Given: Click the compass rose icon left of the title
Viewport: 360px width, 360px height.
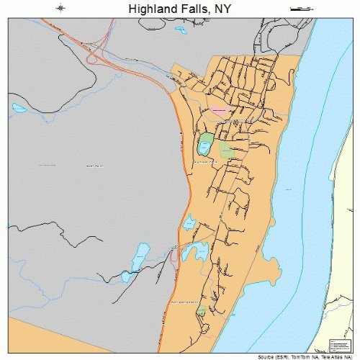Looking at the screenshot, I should click(x=63, y=9).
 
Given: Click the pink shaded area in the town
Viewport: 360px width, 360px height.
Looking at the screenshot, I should click(x=220, y=111).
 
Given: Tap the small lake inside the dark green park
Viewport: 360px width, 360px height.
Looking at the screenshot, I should click(x=204, y=148).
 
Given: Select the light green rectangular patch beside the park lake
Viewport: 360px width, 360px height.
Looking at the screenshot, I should click(x=227, y=150).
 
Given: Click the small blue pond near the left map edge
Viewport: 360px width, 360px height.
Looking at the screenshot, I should click(x=19, y=109).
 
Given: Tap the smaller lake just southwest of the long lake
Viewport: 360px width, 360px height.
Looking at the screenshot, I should click(x=127, y=276).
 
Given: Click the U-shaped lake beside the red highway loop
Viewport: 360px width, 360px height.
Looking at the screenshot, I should click(x=194, y=251).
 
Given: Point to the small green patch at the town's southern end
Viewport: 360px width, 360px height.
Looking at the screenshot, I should click(x=202, y=310).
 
